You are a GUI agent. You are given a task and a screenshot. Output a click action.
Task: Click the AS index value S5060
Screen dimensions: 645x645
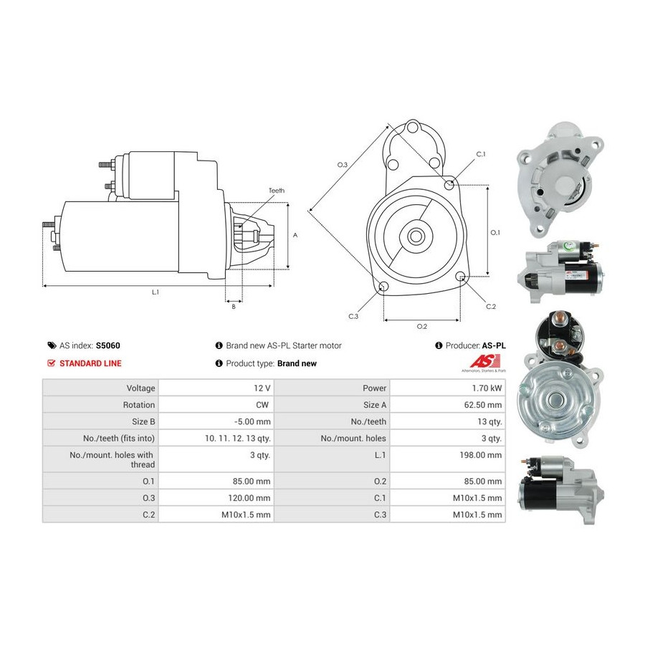pyautogui.click(x=107, y=345)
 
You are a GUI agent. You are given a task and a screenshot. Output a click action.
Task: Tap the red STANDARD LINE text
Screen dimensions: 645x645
pyautogui.click(x=90, y=363)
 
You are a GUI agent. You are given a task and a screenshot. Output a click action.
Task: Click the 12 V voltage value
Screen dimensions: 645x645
pyautogui.click(x=262, y=388)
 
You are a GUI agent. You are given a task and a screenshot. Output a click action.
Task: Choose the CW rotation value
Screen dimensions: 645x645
pyautogui.click(x=262, y=405)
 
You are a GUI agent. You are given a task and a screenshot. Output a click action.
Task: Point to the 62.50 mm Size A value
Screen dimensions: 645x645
pyautogui.click(x=483, y=405)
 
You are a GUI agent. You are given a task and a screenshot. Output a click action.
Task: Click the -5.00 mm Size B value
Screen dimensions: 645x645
pyautogui.click(x=252, y=421)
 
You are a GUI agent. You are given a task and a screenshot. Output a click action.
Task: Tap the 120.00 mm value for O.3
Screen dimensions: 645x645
pyautogui.click(x=249, y=498)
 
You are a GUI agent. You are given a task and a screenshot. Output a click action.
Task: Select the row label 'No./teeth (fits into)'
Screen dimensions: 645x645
pyautogui.click(x=119, y=439)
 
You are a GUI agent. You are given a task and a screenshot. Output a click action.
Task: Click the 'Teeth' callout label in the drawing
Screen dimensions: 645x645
pyautogui.click(x=277, y=191)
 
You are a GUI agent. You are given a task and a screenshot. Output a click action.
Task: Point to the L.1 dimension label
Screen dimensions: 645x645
pyautogui.click(x=155, y=292)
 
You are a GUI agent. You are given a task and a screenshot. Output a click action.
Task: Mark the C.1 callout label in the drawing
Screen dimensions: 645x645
pyautogui.click(x=481, y=154)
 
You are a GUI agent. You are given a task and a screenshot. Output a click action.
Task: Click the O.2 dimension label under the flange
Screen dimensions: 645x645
pyautogui.click(x=422, y=326)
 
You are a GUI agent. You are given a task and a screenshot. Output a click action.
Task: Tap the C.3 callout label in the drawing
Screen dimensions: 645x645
pyautogui.click(x=353, y=316)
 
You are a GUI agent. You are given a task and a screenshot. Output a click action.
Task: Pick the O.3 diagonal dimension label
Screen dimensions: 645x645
pyautogui.click(x=343, y=165)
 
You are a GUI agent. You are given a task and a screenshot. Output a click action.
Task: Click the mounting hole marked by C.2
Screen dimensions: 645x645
pyautogui.click(x=461, y=276)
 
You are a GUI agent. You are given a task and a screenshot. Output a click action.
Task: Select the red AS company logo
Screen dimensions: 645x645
pyautogui.click(x=484, y=361)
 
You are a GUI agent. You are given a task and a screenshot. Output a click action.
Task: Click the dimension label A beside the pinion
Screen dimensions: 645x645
pyautogui.click(x=295, y=235)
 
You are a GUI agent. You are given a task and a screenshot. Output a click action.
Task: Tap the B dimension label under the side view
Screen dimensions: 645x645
pyautogui.click(x=234, y=307)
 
